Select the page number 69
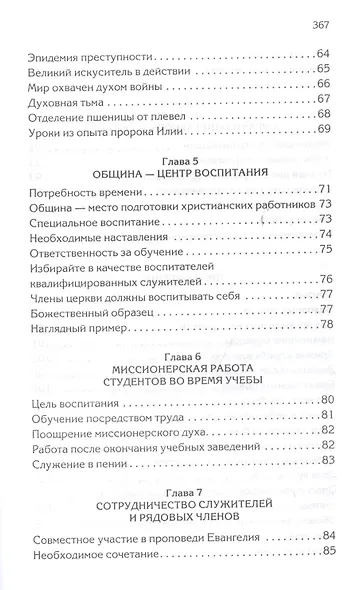pos(323,130)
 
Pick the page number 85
pos(323,571)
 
